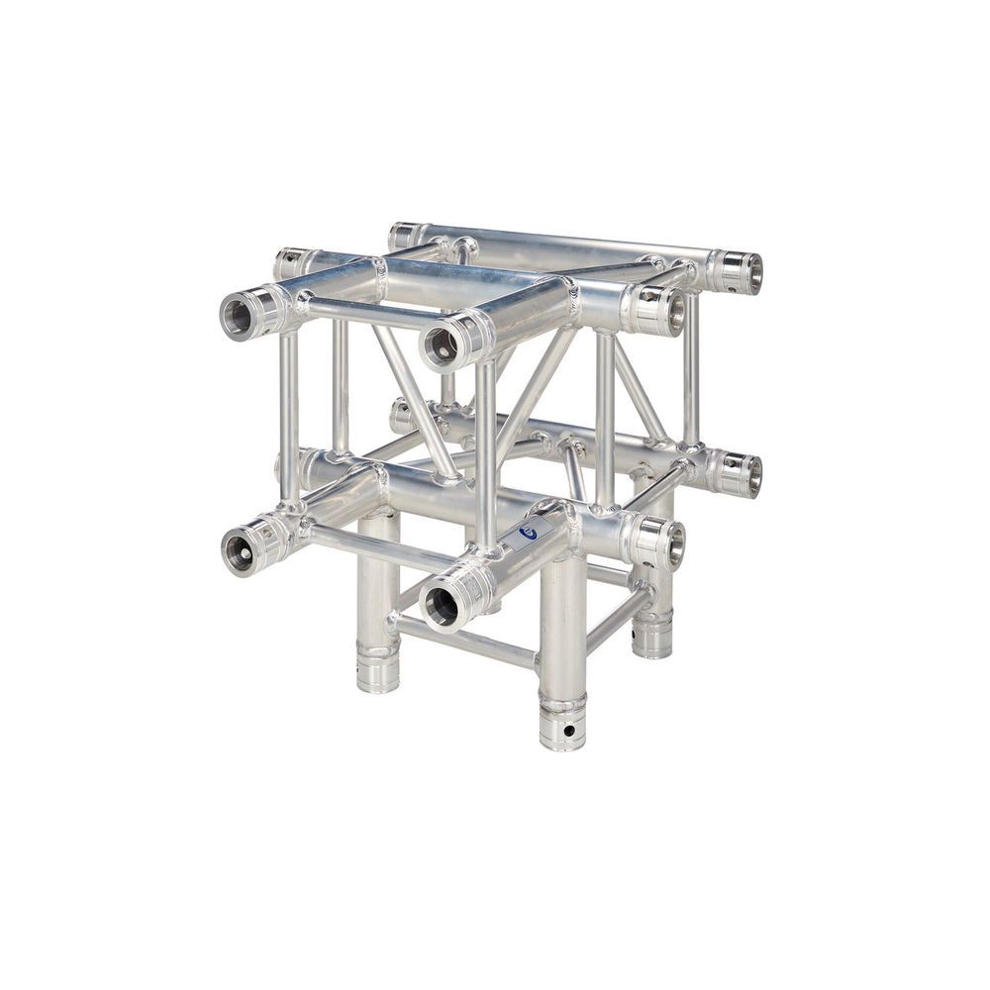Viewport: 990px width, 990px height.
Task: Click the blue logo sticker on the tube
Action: coord(528,532)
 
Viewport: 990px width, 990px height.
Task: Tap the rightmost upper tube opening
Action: coord(753,272)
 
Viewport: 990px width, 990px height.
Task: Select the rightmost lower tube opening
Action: coord(753,475)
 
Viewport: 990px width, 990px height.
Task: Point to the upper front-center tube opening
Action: coord(442,346)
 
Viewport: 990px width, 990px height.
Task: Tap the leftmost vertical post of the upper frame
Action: coord(288,416)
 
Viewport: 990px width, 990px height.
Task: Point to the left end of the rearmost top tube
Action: coord(403,236)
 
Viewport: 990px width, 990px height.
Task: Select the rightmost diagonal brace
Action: coord(639,391)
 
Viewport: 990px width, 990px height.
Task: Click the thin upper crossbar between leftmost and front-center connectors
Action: coord(366,314)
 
